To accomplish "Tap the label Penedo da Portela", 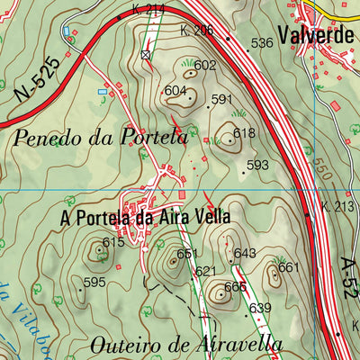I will click(x=101, y=138).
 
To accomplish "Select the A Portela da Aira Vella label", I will click(x=145, y=217).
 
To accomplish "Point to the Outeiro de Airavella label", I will click(x=186, y=344).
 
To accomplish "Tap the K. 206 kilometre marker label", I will click(x=199, y=31).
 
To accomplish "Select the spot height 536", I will click(x=262, y=43).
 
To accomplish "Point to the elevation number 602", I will click(x=205, y=65).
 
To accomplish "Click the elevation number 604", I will click(x=175, y=91).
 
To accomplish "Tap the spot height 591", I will click(x=221, y=99).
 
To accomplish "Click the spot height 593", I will click(x=257, y=165).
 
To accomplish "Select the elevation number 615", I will click(x=112, y=242).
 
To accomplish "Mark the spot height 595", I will click(x=94, y=282).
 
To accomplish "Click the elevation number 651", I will click(x=186, y=254).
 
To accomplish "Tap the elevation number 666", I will click(x=235, y=286).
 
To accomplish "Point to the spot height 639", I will click(x=260, y=309).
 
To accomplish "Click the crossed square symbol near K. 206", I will click(x=146, y=55).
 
